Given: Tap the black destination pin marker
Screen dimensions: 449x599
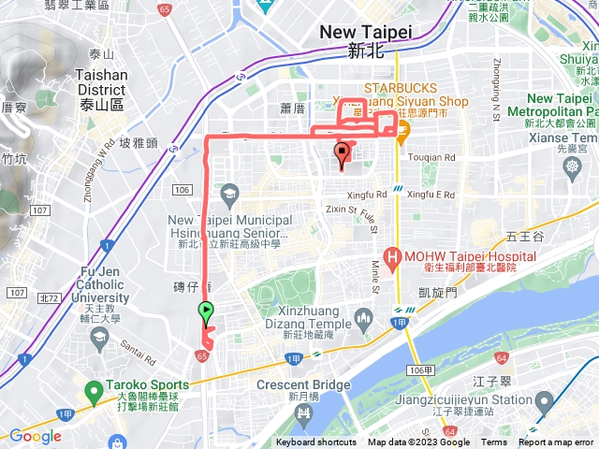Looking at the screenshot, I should tap(342, 153).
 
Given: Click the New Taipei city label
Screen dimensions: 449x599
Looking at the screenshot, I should tap(365, 32).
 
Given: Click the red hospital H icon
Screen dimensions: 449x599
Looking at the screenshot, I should tap(391, 255).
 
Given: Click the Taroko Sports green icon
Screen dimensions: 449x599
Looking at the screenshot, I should tap(93, 389).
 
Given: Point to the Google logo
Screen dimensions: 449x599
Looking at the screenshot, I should tap(36, 436).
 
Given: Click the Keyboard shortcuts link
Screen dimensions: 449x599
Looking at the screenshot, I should tap(316, 442).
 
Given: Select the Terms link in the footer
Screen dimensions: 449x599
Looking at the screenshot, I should tap(494, 442).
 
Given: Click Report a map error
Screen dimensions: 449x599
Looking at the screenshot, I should tap(557, 442).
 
